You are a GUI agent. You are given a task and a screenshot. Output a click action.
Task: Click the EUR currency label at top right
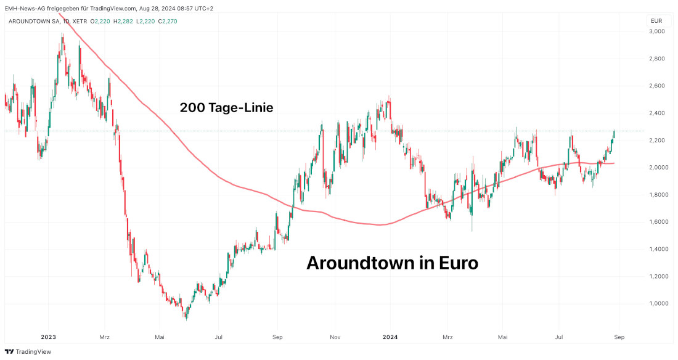click(656, 21)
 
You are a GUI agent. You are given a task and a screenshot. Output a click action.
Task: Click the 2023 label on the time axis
click(48, 337)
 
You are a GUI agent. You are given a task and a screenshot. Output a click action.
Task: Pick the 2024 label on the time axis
click(390, 337)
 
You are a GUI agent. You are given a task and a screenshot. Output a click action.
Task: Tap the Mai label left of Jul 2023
click(160, 337)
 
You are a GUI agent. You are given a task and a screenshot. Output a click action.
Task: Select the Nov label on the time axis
click(335, 337)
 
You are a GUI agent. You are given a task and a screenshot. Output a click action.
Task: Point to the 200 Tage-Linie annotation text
click(226, 108)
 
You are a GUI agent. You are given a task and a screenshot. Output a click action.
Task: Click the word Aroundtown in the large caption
click(361, 263)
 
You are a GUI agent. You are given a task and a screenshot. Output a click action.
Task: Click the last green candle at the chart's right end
click(614, 134)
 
